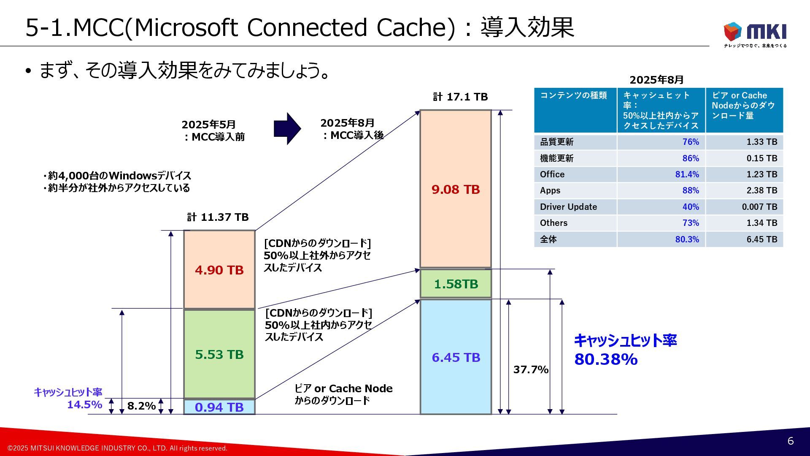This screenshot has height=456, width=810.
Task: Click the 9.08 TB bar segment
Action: (456, 189)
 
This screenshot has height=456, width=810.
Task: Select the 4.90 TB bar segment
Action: (219, 269)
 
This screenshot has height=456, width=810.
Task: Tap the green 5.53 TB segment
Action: (219, 354)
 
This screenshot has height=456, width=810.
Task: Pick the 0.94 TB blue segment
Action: (219, 407)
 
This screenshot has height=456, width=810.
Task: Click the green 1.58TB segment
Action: (456, 284)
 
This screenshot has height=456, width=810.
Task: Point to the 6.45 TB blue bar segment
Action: (456, 357)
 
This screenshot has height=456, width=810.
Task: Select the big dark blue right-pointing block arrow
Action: (287, 128)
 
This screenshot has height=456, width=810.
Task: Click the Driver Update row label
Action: (568, 207)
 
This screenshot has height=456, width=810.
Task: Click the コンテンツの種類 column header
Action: (573, 95)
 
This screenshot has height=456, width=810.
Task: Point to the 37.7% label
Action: (531, 369)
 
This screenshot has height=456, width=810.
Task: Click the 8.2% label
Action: (141, 406)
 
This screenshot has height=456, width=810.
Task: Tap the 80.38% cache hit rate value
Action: (606, 359)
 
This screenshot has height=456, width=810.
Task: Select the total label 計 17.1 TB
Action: (460, 97)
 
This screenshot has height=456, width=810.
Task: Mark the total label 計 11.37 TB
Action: (218, 217)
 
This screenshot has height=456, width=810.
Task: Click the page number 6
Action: (791, 441)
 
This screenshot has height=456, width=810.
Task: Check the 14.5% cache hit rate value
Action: (84, 404)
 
